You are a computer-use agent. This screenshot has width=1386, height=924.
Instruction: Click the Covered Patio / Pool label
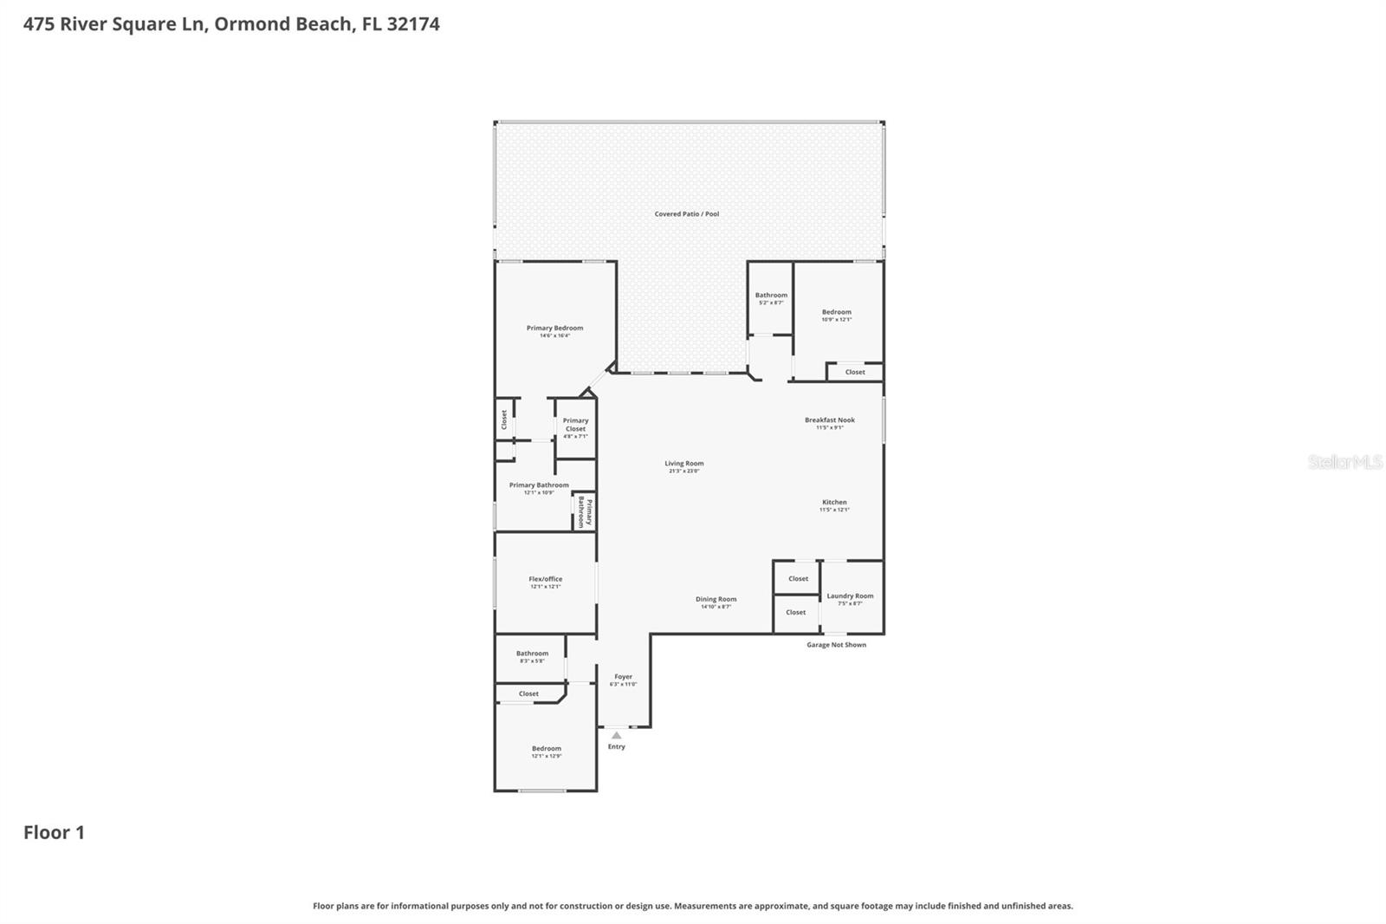686,214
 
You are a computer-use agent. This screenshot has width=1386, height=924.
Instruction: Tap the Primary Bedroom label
554,329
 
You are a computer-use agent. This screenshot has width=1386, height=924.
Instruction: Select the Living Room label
683,464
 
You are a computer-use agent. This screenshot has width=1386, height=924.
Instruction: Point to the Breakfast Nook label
829,420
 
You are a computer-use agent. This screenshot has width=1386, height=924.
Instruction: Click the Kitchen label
834,503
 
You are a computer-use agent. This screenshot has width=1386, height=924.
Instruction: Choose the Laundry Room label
850,596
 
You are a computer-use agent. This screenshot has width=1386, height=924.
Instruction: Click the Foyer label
623,677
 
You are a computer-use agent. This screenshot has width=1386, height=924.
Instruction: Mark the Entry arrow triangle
616,735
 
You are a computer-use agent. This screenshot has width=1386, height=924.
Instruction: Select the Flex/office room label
546,579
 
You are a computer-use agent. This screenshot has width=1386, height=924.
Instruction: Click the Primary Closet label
575,425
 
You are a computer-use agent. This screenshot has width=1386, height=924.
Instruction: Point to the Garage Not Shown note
836,645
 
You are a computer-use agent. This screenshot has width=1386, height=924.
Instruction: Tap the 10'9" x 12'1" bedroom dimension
836,320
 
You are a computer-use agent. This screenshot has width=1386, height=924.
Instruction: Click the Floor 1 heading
54,833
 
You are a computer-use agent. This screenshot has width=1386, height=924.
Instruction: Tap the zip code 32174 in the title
413,24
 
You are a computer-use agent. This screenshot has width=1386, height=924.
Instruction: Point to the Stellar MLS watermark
1344,463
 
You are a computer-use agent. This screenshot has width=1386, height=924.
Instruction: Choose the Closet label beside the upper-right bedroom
855,373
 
